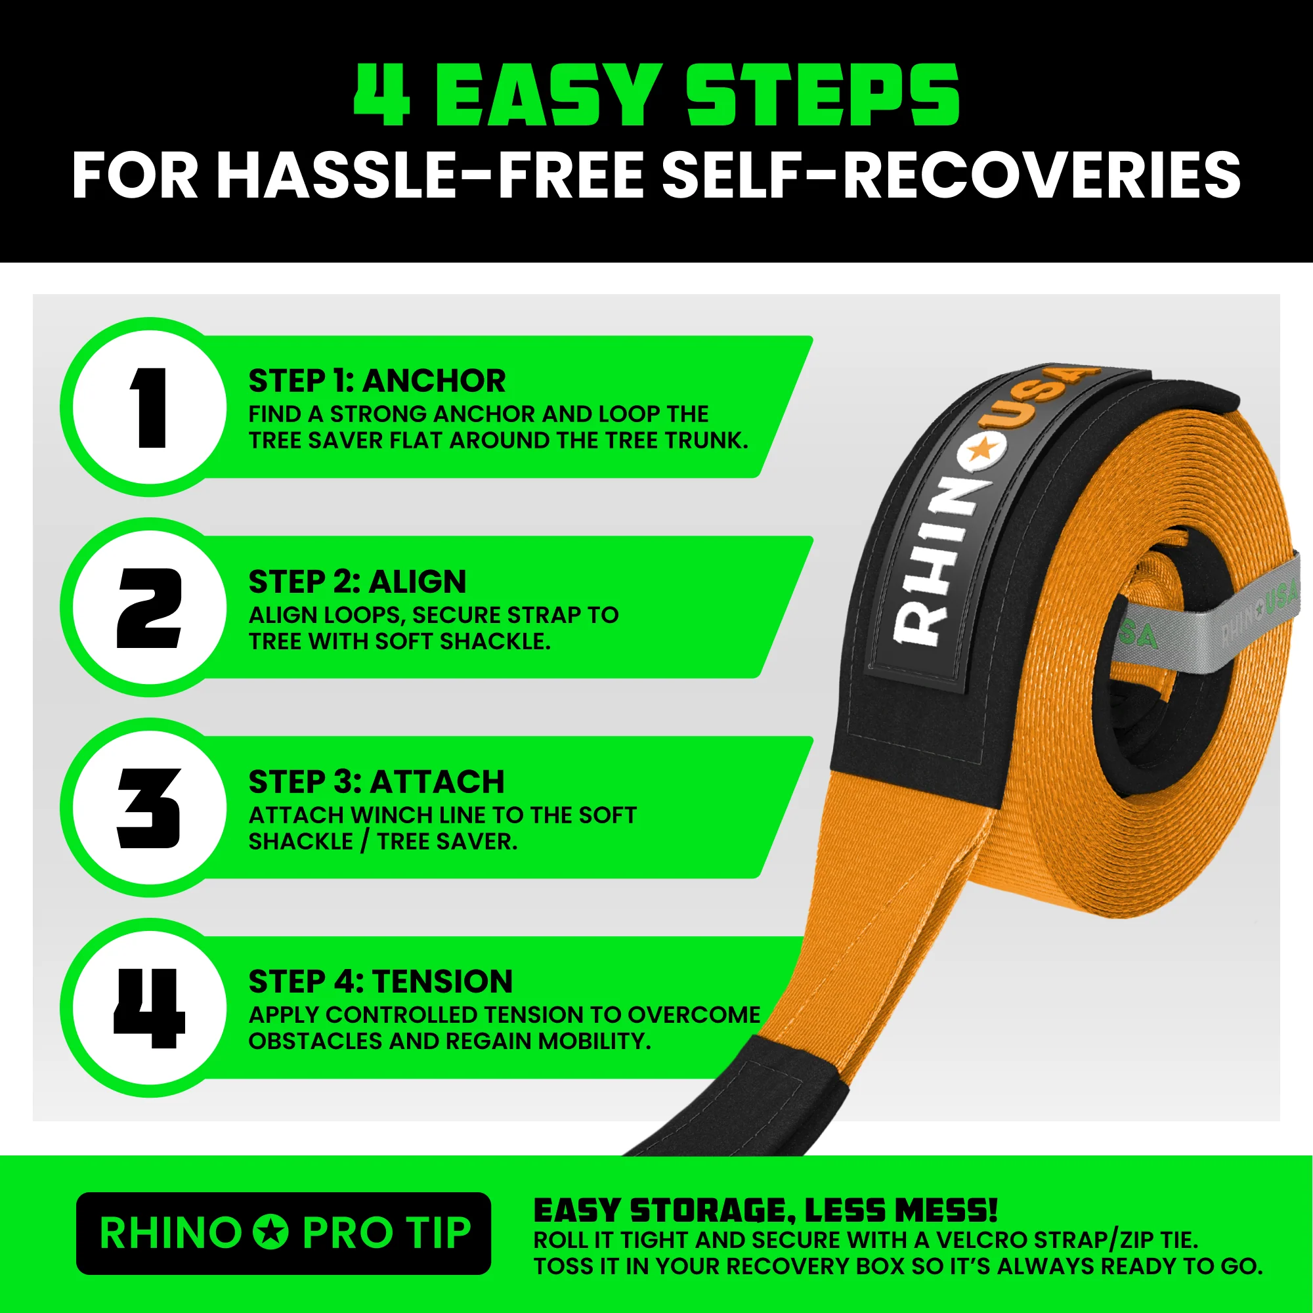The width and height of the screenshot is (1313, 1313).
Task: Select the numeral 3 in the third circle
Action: click(149, 808)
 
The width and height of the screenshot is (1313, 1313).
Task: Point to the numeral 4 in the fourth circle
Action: click(149, 1008)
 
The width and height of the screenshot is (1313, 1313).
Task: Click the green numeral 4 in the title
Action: click(383, 95)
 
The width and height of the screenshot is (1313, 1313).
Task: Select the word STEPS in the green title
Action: click(823, 95)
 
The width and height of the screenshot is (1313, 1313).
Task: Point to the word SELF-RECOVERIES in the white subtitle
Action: click(951, 175)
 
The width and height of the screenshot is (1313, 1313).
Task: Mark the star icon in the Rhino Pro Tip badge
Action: click(271, 1232)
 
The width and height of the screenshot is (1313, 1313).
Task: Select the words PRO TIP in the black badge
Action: click(386, 1232)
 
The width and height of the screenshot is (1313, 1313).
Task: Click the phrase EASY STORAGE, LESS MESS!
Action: click(765, 1211)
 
